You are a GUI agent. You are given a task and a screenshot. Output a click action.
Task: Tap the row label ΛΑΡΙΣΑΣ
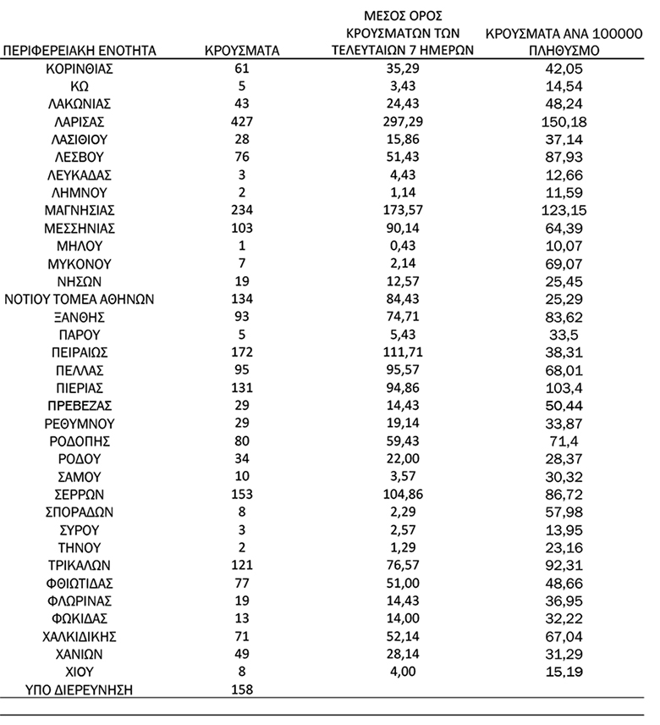click(x=80, y=121)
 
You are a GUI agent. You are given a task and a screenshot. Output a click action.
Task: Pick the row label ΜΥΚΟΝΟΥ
click(x=80, y=263)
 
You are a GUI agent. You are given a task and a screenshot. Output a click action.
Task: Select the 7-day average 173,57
click(x=402, y=209)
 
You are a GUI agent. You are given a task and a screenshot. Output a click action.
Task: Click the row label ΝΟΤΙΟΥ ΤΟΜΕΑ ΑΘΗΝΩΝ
click(x=80, y=299)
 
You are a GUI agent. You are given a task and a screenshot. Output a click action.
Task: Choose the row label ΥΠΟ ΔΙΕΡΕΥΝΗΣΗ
click(x=80, y=689)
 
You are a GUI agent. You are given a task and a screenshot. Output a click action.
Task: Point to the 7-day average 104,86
click(x=402, y=494)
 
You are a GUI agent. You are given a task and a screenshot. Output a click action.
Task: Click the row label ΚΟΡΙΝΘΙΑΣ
click(x=80, y=68)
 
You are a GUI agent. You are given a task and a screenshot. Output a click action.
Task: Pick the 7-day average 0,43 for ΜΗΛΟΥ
click(x=402, y=246)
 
